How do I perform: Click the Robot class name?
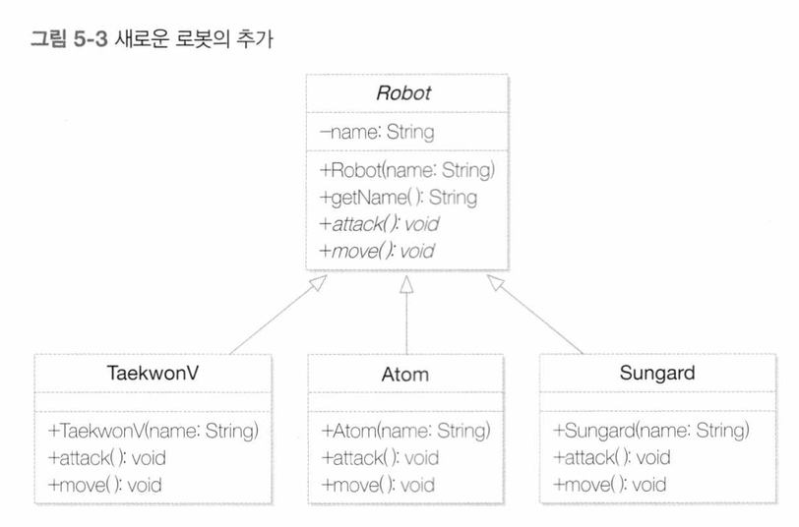pos(403,93)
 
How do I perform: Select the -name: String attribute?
pos(377,132)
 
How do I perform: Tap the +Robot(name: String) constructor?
pos(407,170)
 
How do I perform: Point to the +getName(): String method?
pos(399,197)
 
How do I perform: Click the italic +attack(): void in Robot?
pos(380,224)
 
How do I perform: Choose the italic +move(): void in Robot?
pos(377,251)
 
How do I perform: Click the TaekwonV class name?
pos(153,373)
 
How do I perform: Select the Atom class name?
pos(405,375)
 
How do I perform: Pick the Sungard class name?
pos(657,373)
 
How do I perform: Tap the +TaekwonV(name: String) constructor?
pos(153,432)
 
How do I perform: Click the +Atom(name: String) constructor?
pos(405,431)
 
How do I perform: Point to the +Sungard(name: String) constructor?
pos(651,431)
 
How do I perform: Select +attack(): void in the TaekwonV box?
pos(106,458)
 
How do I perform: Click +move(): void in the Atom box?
pos(378,485)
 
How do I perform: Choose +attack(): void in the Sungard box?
pos(611,458)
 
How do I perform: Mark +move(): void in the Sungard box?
pos(609,484)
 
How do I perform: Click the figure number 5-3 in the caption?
pos(91,38)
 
